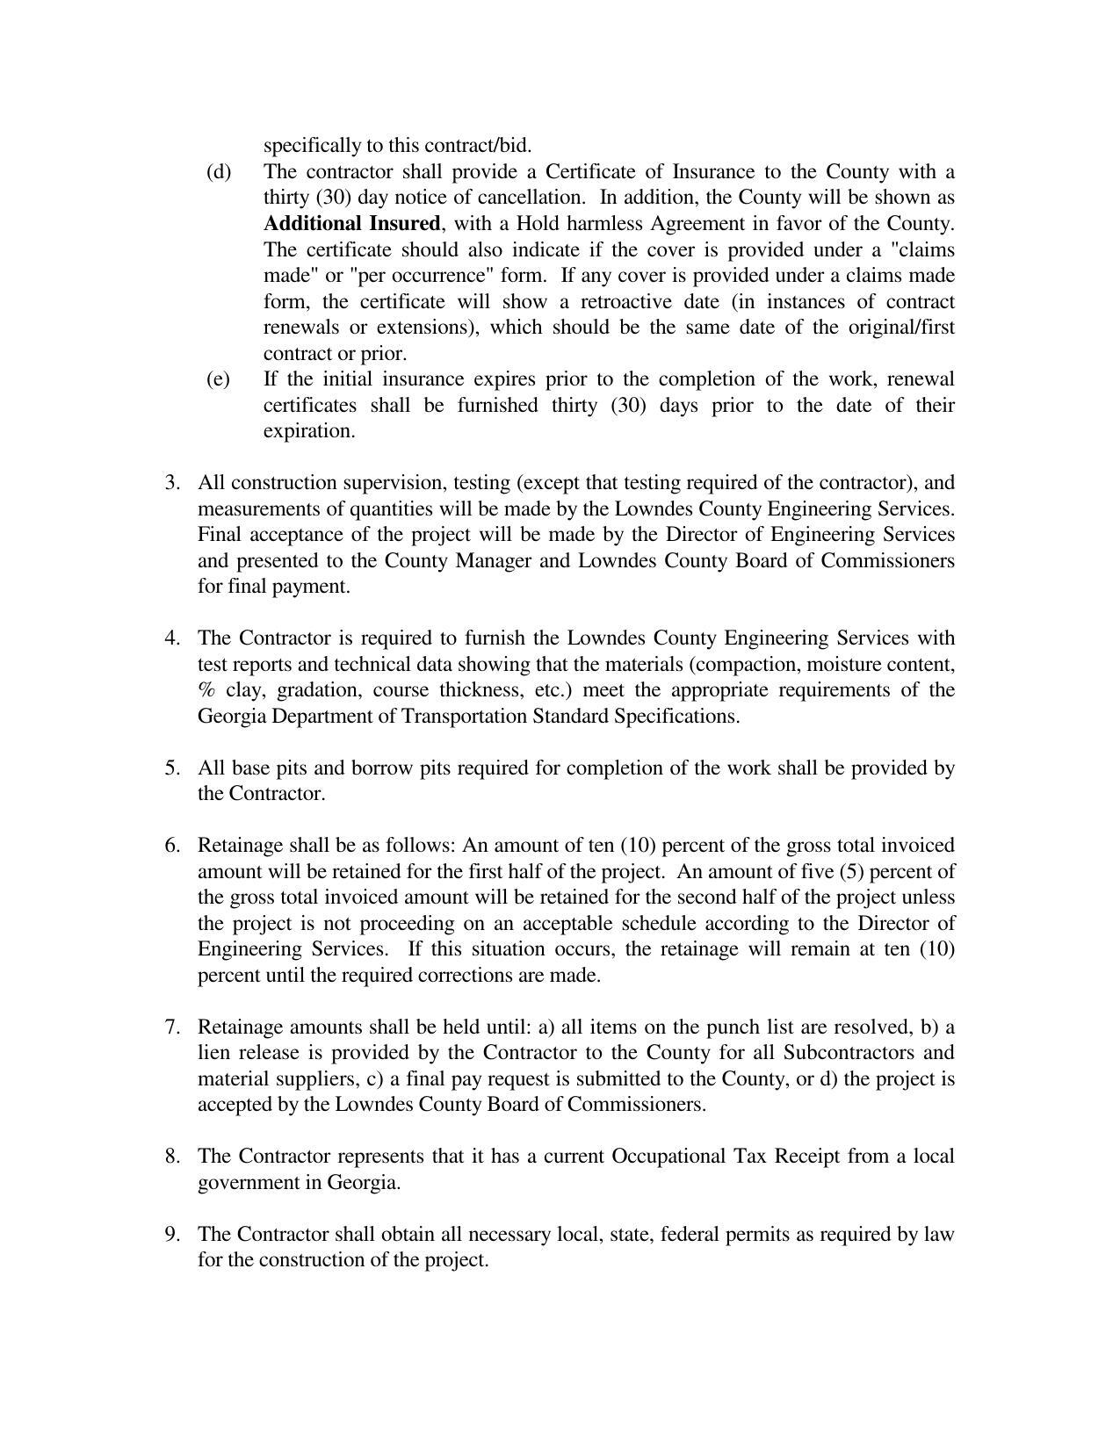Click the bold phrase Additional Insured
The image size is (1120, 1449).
pos(351,223)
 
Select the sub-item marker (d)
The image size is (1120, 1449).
pos(219,171)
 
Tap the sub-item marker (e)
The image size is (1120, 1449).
pos(218,379)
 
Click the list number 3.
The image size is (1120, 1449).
pos(172,483)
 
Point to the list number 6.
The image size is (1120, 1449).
pos(172,846)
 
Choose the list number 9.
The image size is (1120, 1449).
pos(172,1235)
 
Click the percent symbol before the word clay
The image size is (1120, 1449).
pos(207,690)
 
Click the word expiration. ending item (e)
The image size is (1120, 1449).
pos(309,431)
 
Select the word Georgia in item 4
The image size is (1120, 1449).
pos(231,717)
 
